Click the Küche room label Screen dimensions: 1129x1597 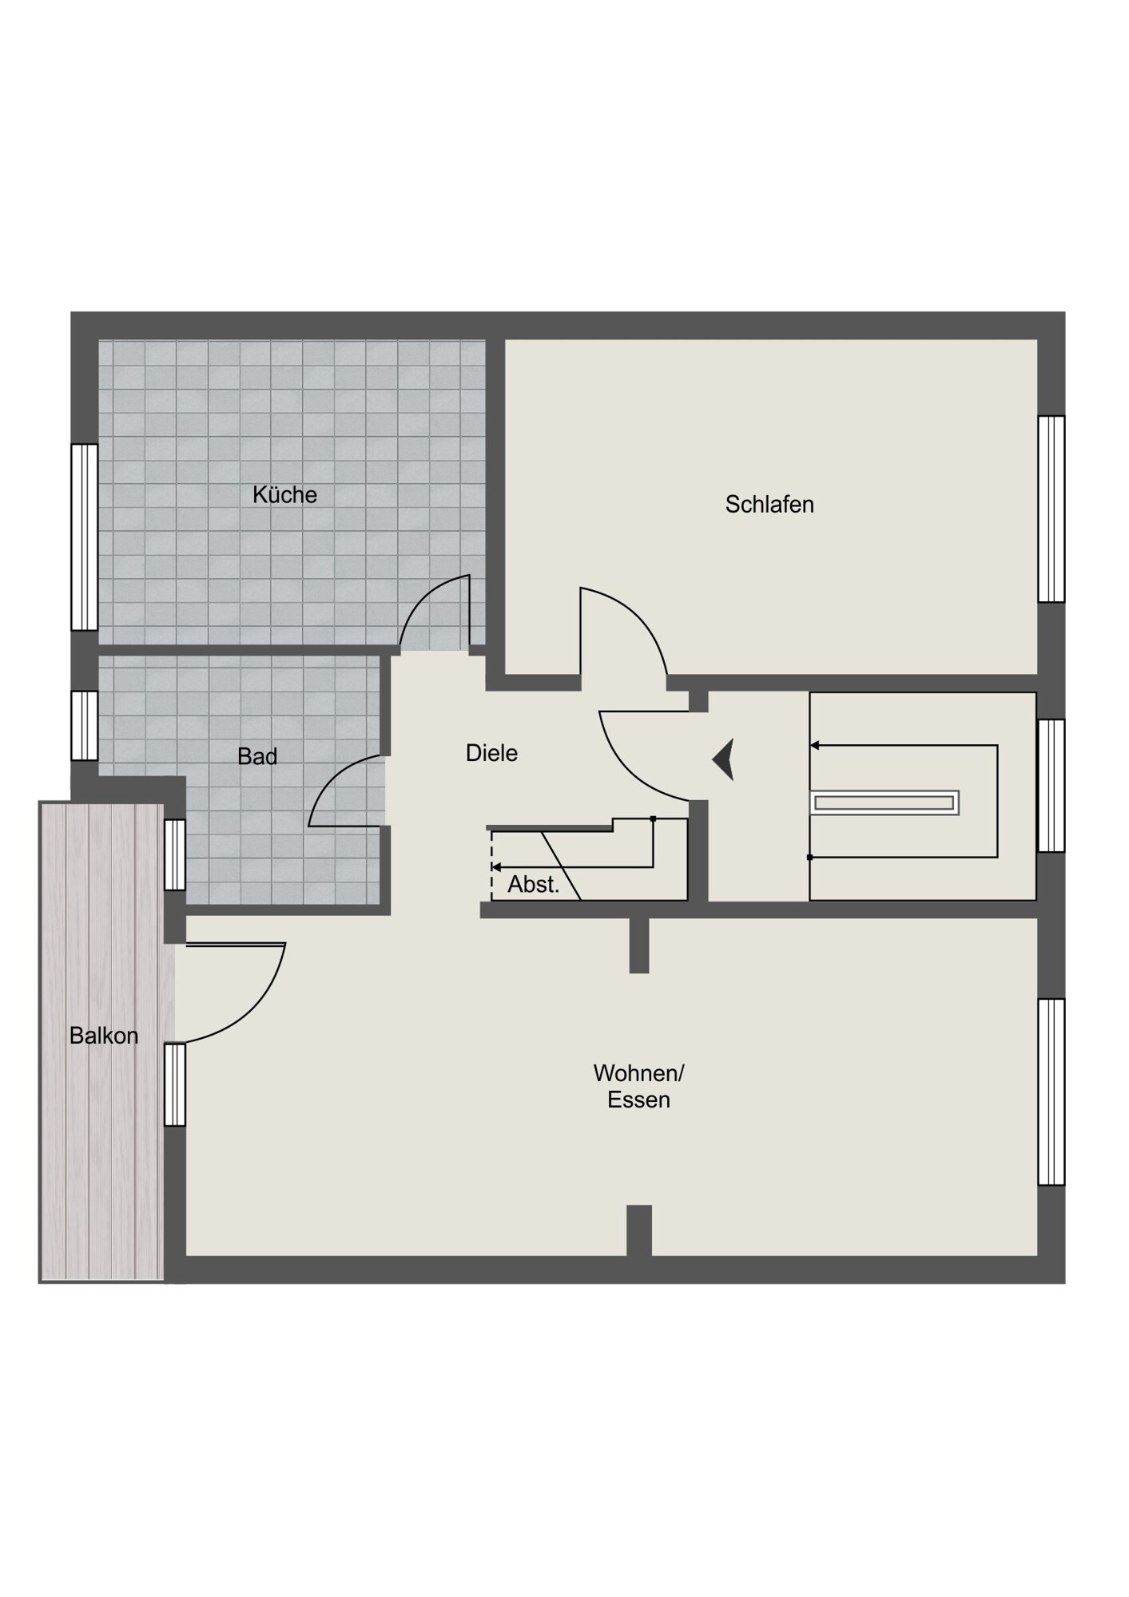[x=284, y=495]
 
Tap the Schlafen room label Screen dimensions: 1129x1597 [x=769, y=505]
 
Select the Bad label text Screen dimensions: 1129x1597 [x=257, y=756]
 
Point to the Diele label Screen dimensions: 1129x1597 [x=491, y=753]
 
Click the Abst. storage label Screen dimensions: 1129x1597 [x=534, y=885]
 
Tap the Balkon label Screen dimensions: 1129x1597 [x=104, y=1036]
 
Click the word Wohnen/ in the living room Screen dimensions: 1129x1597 [x=638, y=1072]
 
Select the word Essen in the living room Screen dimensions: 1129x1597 [x=638, y=1100]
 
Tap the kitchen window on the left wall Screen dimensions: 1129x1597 [x=84, y=537]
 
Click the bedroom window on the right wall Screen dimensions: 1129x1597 [x=1051, y=509]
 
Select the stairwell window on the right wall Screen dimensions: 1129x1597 [x=1051, y=786]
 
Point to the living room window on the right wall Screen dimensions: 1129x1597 [x=1051, y=1092]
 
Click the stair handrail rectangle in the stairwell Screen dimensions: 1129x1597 [x=885, y=802]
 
